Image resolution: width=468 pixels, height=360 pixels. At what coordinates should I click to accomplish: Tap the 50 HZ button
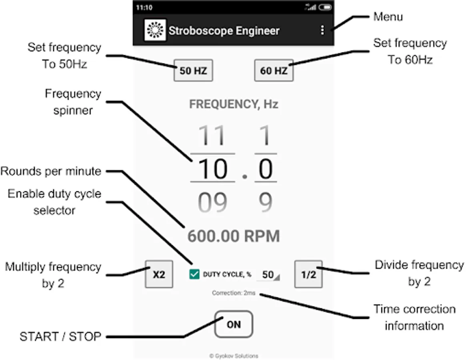point(193,71)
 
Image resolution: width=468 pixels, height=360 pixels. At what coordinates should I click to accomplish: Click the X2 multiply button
point(159,274)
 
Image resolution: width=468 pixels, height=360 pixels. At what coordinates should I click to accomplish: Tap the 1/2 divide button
point(308,274)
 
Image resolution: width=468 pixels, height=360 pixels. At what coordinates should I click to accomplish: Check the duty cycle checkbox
point(194,274)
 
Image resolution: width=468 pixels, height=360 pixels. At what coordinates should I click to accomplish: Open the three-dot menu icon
point(322,30)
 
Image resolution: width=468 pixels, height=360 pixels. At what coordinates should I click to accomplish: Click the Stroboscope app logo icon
point(155,30)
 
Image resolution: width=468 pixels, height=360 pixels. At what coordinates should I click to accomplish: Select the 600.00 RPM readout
point(234,236)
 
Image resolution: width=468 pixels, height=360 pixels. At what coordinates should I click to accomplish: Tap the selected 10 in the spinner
point(212,169)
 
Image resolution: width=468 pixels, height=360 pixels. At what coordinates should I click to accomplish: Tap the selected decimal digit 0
point(266,169)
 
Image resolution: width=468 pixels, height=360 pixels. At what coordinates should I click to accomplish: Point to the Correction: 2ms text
point(234,293)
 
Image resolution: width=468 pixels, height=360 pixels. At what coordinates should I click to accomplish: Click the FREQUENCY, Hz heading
point(234,104)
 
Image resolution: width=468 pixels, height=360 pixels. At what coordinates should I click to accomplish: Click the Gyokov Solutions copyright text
point(234,356)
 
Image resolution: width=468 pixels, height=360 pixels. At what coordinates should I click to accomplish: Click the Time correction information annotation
point(414,317)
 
